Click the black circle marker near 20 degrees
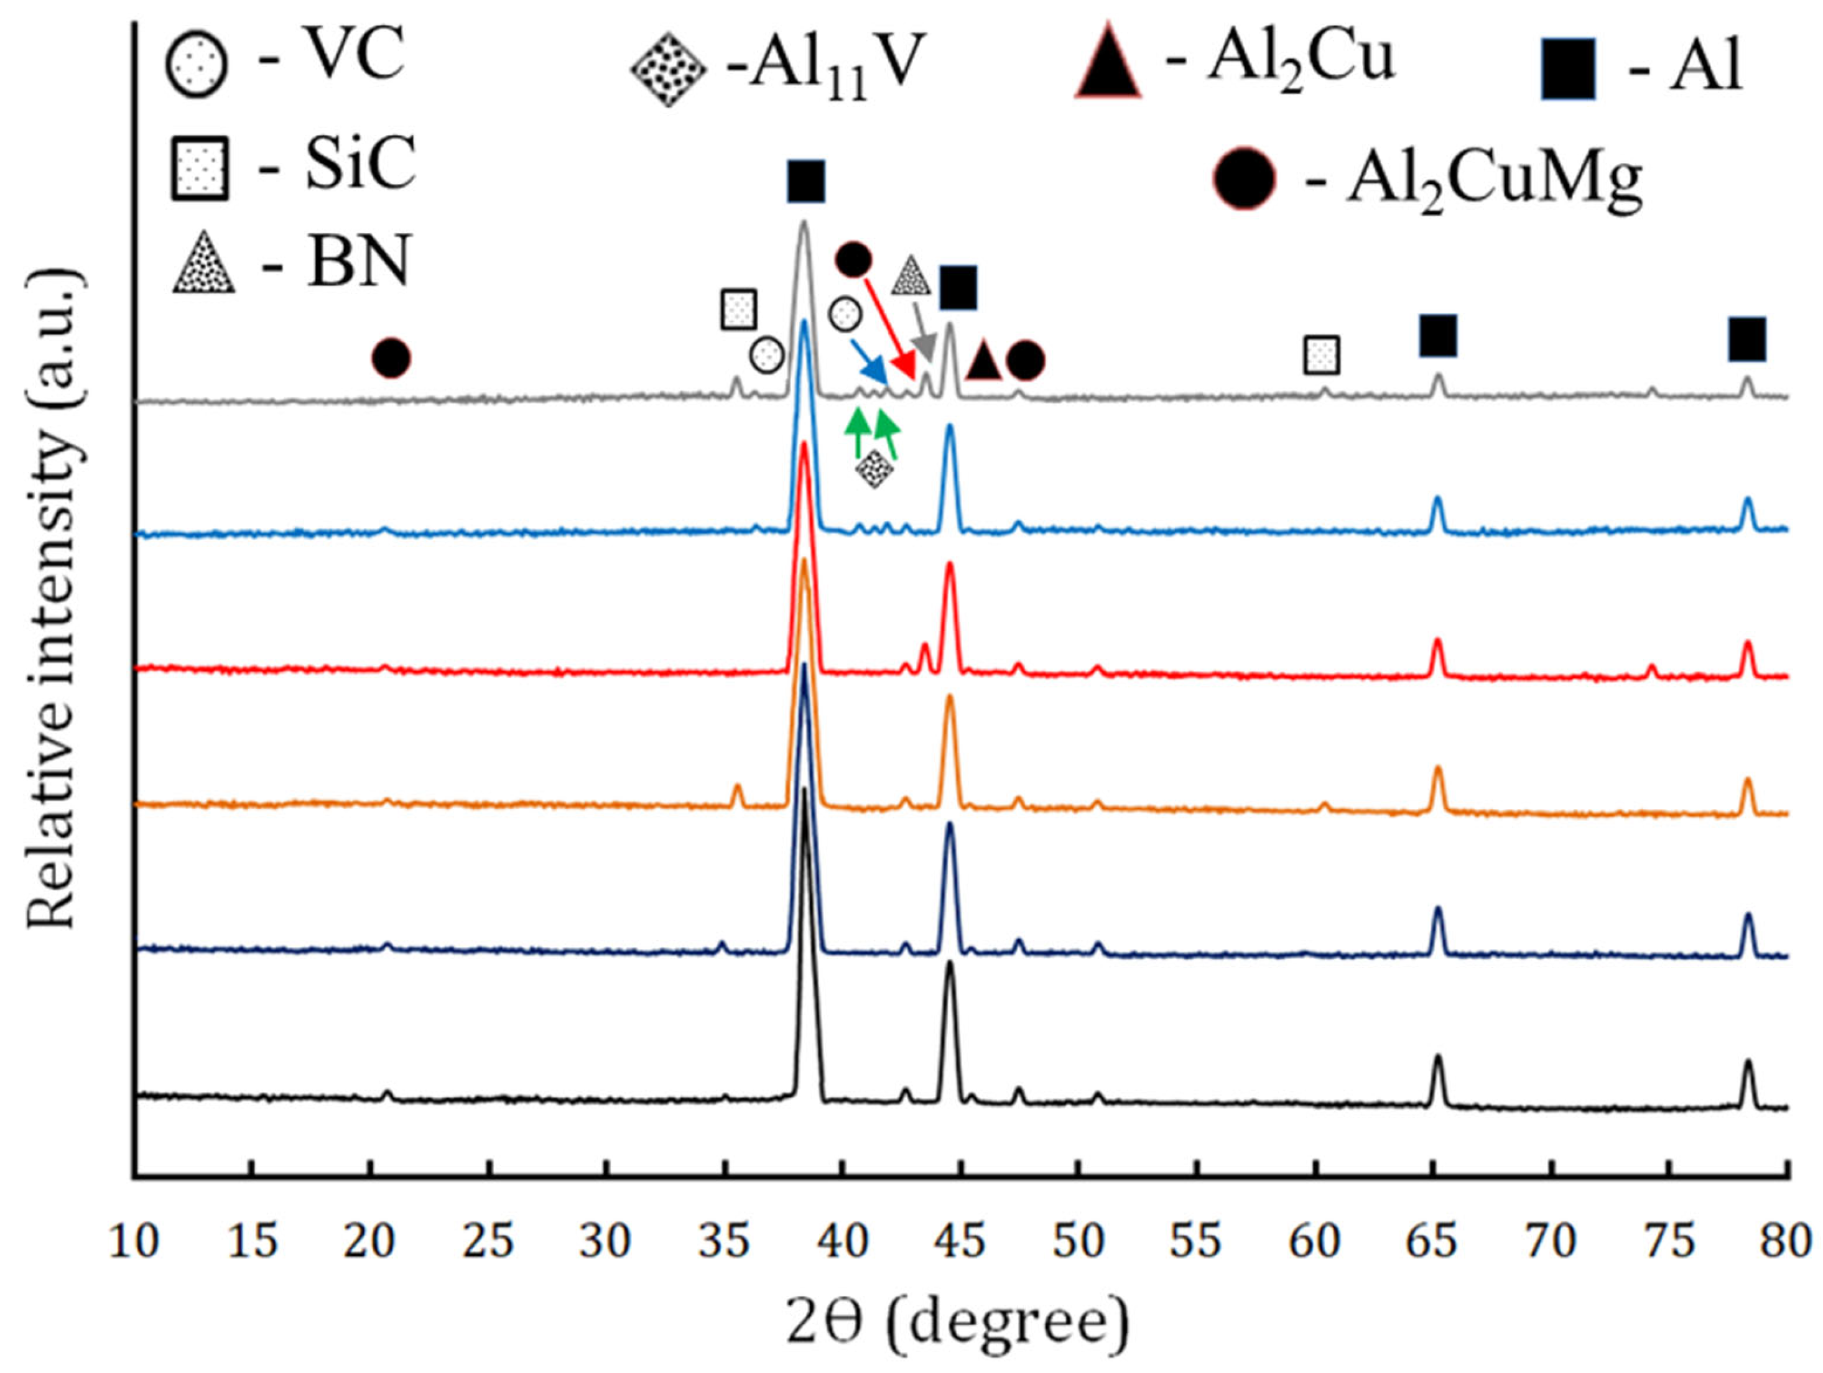tap(391, 358)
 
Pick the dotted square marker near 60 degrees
tap(1321, 355)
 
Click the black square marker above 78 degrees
tap(1746, 339)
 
